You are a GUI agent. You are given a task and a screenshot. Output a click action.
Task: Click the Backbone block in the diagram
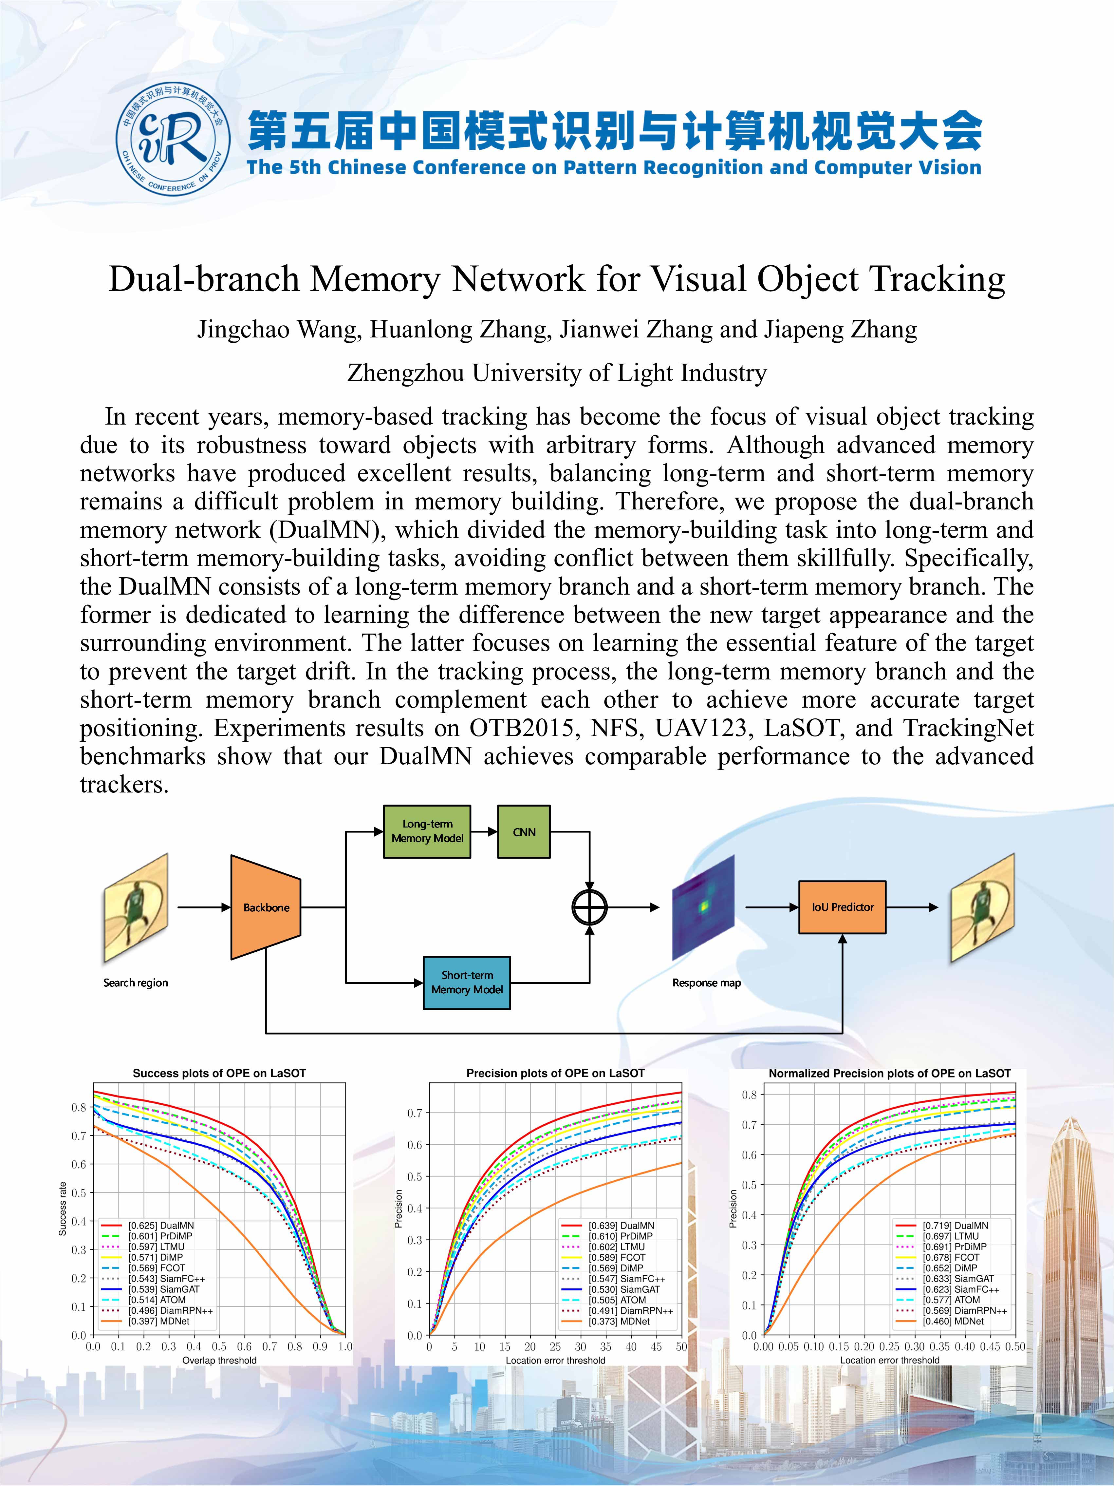click(x=266, y=907)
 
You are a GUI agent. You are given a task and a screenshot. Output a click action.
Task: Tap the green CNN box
click(x=524, y=832)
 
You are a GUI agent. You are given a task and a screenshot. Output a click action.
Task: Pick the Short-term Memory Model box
click(x=467, y=982)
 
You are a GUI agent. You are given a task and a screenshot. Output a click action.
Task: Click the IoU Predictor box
click(x=842, y=907)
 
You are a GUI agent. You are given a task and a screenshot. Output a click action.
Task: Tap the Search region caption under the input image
click(x=136, y=983)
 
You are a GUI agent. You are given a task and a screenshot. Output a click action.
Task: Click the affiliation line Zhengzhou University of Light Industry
click(x=557, y=373)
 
